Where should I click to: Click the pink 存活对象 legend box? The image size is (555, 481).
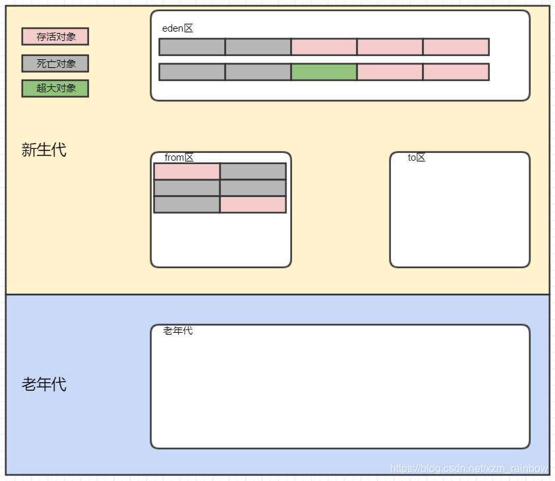tap(55, 36)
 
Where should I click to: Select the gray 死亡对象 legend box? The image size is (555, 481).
tap(55, 63)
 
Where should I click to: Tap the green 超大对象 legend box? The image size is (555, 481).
tap(55, 88)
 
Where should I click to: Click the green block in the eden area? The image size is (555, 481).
tap(324, 72)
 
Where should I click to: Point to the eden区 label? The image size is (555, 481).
tap(177, 28)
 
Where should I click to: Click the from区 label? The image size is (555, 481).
tap(179, 157)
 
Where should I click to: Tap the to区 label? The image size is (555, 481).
tap(417, 157)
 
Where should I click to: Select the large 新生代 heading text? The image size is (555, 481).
tap(44, 150)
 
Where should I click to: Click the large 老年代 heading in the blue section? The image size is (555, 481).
tap(44, 384)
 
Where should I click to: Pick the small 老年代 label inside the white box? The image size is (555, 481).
tap(178, 331)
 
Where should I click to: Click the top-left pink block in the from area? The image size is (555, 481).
tap(187, 171)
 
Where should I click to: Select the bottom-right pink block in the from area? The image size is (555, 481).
tap(253, 204)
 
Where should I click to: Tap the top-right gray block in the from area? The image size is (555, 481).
tap(253, 171)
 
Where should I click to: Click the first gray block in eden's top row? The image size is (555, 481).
tap(192, 47)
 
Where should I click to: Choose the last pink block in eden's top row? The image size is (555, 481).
tap(456, 47)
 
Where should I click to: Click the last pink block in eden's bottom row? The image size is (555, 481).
tap(456, 72)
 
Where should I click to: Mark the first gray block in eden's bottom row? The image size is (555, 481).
tap(192, 72)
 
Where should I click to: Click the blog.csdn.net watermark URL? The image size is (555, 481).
tap(469, 468)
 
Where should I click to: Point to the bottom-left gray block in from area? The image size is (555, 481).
tap(187, 204)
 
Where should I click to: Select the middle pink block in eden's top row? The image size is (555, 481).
tap(390, 47)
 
